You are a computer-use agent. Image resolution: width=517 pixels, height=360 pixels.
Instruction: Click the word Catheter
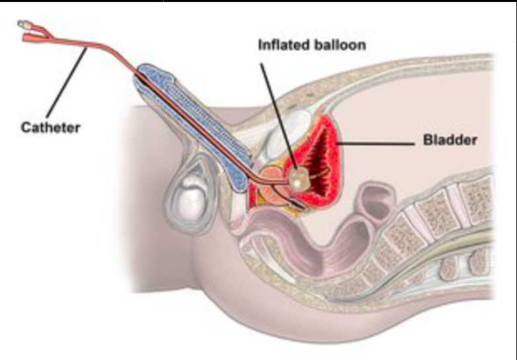[x=49, y=127]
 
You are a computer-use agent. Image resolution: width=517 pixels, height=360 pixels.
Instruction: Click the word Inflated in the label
[x=279, y=46]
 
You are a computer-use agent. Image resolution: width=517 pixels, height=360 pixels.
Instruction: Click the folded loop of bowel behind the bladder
[x=374, y=201]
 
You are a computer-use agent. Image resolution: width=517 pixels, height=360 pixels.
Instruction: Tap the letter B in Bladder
[x=427, y=141]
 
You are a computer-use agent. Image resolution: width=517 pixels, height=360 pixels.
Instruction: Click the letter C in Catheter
[x=24, y=127]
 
